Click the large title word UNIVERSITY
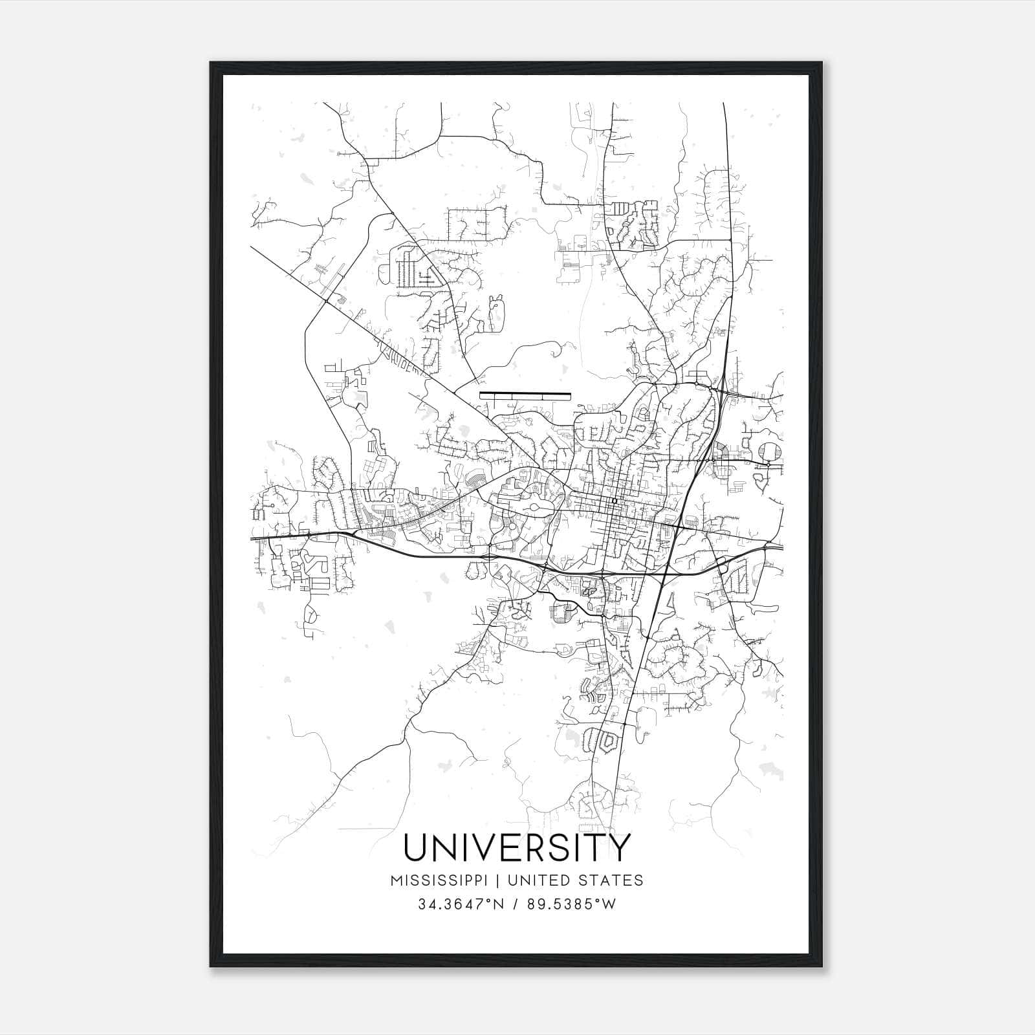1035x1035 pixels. pyautogui.click(x=516, y=847)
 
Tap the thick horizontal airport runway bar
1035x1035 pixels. pyautogui.click(x=525, y=393)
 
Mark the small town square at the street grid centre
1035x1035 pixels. pyautogui.click(x=614, y=501)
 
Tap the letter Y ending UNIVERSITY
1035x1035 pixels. pyautogui.click(x=618, y=847)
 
